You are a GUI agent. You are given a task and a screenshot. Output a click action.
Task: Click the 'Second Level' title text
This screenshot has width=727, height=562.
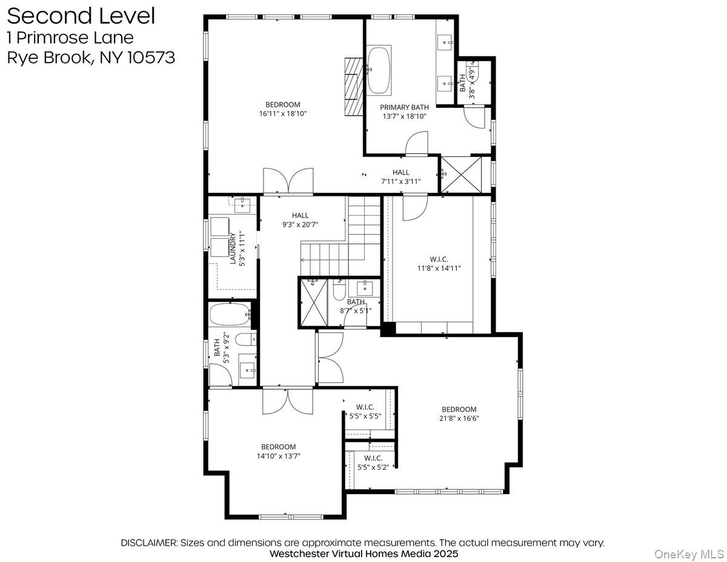81,16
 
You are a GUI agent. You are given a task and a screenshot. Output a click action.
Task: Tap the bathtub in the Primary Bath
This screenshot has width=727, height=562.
379,70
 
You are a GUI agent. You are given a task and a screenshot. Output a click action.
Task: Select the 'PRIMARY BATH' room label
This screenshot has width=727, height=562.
404,107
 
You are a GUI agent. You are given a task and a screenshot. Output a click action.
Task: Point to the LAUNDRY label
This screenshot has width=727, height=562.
232,248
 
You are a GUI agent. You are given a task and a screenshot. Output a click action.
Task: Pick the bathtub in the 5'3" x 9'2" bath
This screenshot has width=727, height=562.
230,314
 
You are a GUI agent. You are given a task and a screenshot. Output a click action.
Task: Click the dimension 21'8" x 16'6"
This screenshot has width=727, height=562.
459,418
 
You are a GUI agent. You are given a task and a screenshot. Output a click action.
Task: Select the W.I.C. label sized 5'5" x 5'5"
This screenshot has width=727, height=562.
365,407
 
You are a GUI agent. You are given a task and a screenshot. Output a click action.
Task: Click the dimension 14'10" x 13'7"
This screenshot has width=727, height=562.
278,455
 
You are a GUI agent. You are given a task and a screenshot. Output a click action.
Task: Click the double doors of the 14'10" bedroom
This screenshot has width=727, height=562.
287,401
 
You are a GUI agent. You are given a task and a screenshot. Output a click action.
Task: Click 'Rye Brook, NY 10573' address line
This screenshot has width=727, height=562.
91,58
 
